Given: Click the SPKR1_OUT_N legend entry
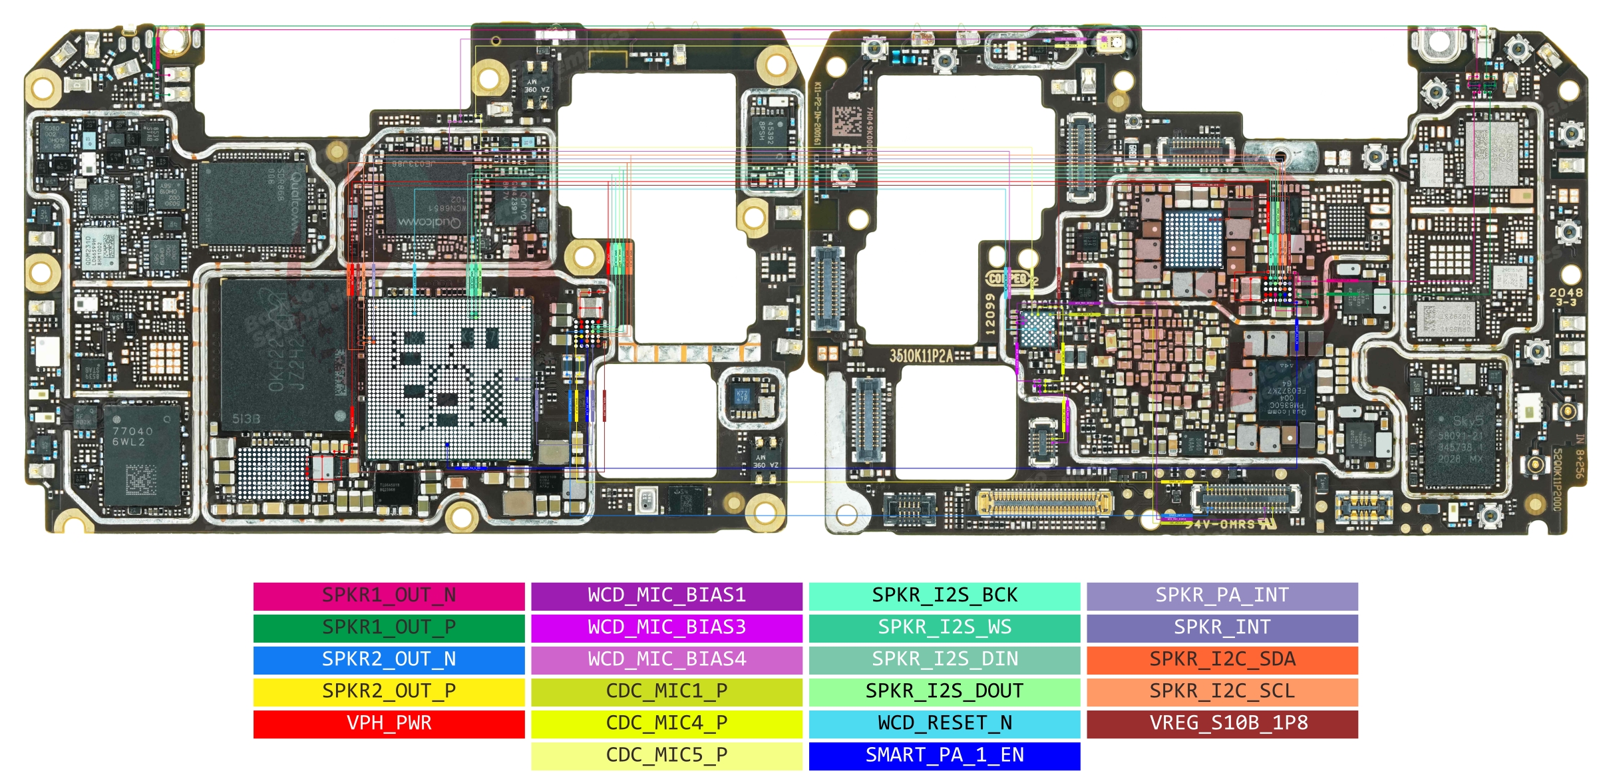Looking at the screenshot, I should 389,595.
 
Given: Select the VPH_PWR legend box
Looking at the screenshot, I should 389,723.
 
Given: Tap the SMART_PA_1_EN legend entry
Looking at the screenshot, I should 944,755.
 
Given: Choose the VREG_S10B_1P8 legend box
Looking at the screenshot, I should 1222,723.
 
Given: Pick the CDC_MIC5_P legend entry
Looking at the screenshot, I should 666,755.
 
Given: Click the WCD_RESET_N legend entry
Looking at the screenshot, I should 944,723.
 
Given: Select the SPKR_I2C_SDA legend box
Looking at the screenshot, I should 1222,659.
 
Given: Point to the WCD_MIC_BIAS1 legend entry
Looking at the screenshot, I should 666,595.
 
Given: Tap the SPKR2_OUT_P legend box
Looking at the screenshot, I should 389,691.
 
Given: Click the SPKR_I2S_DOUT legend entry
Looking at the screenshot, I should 944,691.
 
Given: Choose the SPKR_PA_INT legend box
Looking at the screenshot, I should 1222,595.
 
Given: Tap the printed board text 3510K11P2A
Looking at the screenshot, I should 921,356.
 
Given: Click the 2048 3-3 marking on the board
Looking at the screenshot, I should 1566,297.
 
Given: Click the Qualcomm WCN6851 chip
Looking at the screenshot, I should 433,200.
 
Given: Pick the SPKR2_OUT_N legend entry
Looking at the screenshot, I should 389,659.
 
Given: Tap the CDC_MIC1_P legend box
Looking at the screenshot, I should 666,691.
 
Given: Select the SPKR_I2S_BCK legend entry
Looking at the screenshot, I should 944,595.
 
